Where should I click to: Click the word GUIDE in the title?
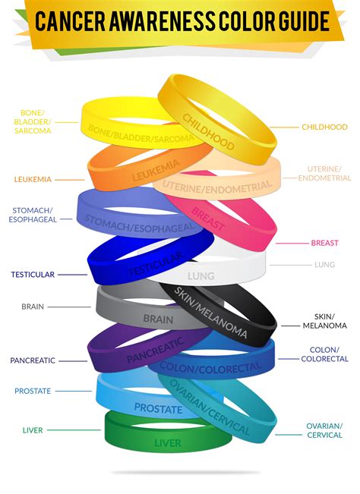[304, 21]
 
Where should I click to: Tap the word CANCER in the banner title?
[70, 21]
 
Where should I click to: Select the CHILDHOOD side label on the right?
[324, 127]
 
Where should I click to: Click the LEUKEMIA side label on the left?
[33, 179]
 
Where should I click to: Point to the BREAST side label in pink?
[324, 243]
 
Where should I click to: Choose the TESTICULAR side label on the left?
[33, 275]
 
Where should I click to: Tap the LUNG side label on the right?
[324, 265]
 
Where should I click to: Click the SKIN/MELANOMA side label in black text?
[325, 321]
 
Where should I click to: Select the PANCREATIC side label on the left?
[33, 360]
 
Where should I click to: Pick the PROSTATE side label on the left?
[33, 391]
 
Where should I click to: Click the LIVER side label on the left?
[33, 430]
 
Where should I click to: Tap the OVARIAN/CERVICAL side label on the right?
[324, 430]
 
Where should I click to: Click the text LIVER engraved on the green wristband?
[168, 443]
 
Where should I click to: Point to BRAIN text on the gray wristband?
[158, 319]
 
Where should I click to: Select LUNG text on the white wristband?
[201, 276]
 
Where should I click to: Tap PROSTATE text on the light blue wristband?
[158, 408]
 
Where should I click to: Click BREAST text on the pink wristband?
[207, 219]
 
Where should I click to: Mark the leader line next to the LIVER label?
[74, 429]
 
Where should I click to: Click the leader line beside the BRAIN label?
[69, 307]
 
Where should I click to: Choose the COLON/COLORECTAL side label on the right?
[324, 354]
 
